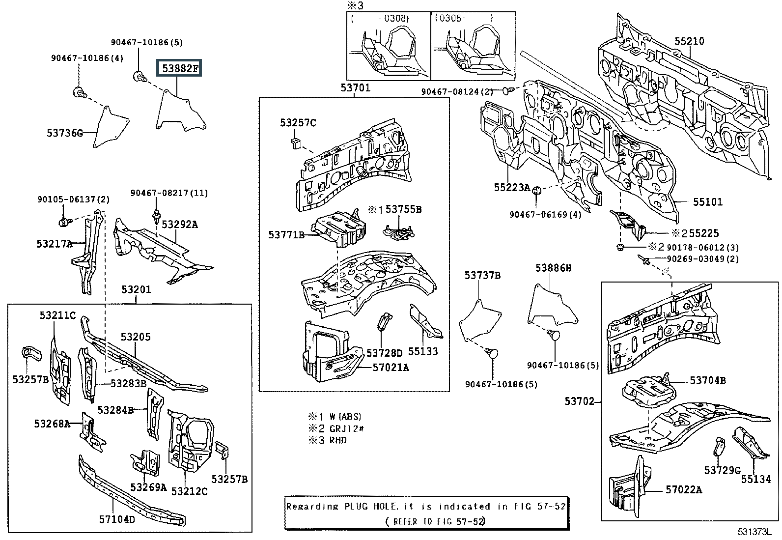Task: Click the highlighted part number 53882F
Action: [179, 68]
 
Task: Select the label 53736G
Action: [65, 133]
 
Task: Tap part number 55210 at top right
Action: [689, 41]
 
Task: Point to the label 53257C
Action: [298, 123]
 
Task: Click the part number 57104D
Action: [117, 519]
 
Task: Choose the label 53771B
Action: [286, 235]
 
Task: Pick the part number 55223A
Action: [512, 188]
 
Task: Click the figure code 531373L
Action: [754, 532]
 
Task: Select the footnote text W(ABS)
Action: [345, 416]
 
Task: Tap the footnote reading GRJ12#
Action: [346, 428]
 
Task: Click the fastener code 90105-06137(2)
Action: [74, 199]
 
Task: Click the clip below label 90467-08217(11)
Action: [156, 217]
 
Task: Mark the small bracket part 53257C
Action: [296, 143]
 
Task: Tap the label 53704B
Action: [708, 380]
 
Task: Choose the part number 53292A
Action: [180, 224]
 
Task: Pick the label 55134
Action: [756, 479]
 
